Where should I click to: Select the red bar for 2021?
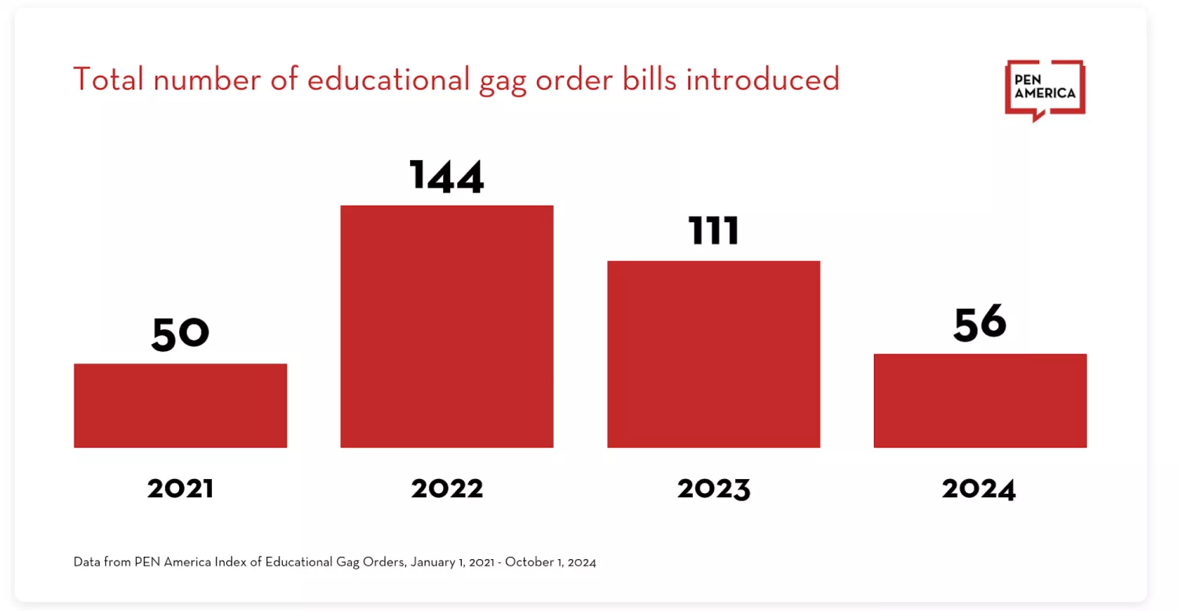180,405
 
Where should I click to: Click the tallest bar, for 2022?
446,326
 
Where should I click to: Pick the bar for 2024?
979,401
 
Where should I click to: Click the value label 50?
180,333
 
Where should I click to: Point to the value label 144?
446,176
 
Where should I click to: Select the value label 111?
713,231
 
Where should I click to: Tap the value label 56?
979,324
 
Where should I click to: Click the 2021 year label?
180,488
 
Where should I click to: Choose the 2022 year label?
446,488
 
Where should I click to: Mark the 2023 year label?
713,488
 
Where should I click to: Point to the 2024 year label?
979,488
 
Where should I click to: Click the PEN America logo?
1044,91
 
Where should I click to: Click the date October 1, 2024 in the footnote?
551,562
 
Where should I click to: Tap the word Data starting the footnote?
87,562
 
